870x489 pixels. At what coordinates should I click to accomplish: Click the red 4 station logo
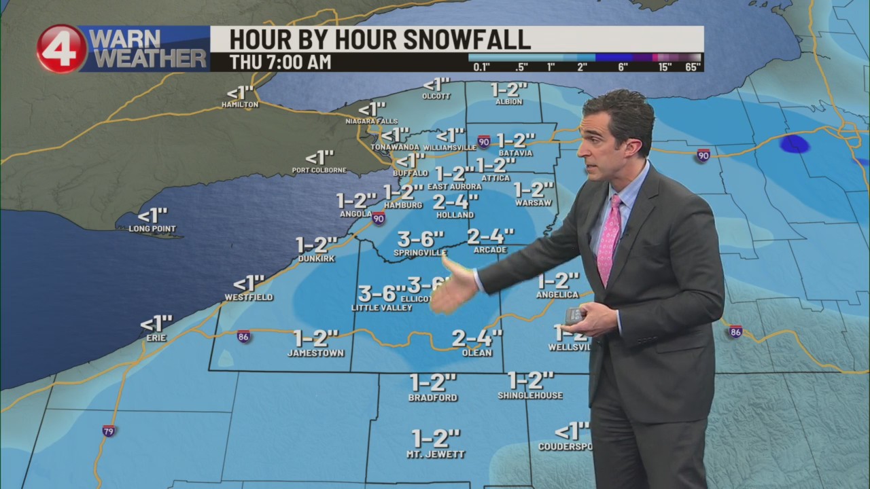(x=62, y=49)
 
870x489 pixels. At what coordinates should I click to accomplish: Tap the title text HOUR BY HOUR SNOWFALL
(x=380, y=39)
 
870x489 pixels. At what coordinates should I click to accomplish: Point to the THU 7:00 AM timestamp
(x=280, y=62)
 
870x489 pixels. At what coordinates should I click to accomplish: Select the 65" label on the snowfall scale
(x=693, y=67)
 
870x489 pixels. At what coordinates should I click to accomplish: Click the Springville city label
(x=420, y=253)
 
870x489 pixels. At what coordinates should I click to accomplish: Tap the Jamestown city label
(x=315, y=353)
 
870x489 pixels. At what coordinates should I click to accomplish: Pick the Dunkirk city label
(x=317, y=259)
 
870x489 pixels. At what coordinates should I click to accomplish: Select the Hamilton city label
(x=240, y=105)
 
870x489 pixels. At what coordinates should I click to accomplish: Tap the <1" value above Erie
(x=156, y=323)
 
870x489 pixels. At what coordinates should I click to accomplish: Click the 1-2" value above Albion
(x=509, y=90)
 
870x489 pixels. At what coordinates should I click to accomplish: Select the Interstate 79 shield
(x=108, y=431)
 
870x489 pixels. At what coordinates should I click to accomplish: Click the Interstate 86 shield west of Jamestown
(x=243, y=336)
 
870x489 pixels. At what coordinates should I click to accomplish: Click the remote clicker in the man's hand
(x=576, y=315)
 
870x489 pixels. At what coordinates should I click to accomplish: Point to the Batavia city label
(x=520, y=153)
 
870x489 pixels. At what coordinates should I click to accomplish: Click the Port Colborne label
(x=319, y=170)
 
